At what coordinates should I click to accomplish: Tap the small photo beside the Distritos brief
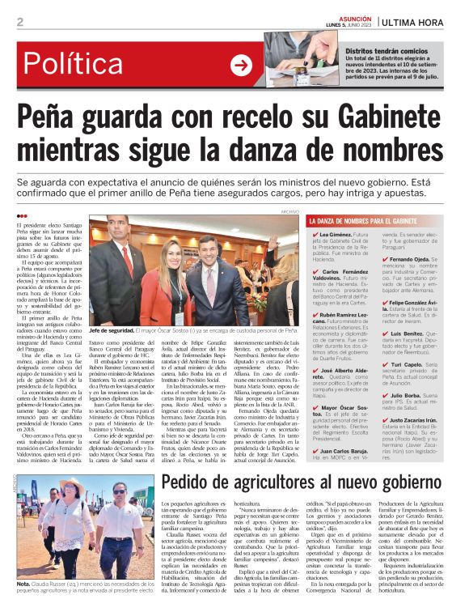[x=292, y=58]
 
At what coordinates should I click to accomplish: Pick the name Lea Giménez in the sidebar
[x=337, y=234]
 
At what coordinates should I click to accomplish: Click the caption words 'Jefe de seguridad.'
[x=111, y=331]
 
